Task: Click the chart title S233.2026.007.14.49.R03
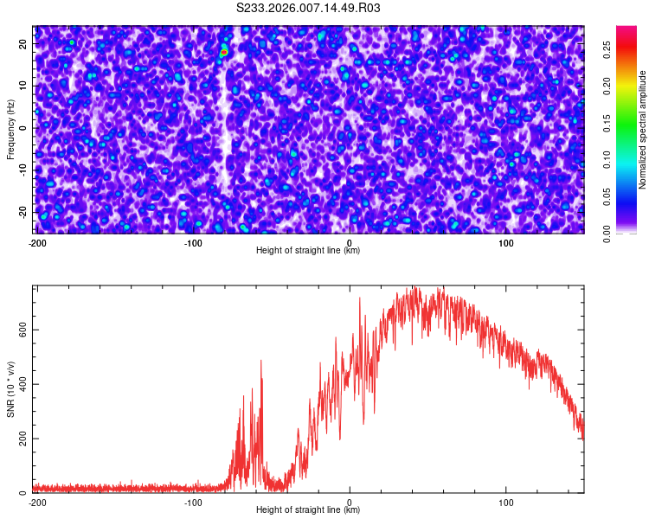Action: (x=308, y=8)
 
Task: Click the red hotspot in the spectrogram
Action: (x=223, y=53)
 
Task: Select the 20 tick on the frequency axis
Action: (x=24, y=43)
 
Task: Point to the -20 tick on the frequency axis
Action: (x=23, y=212)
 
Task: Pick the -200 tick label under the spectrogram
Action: (x=37, y=243)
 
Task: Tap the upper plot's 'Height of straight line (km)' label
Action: (x=308, y=251)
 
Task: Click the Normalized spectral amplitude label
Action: (x=643, y=130)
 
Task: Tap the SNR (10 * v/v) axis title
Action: (x=10, y=389)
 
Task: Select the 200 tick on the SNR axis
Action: (x=22, y=439)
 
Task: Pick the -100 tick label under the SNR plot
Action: (x=193, y=503)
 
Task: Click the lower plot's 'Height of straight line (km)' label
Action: (x=308, y=510)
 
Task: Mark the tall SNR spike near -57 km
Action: (x=260, y=362)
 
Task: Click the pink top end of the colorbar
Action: (x=627, y=30)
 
